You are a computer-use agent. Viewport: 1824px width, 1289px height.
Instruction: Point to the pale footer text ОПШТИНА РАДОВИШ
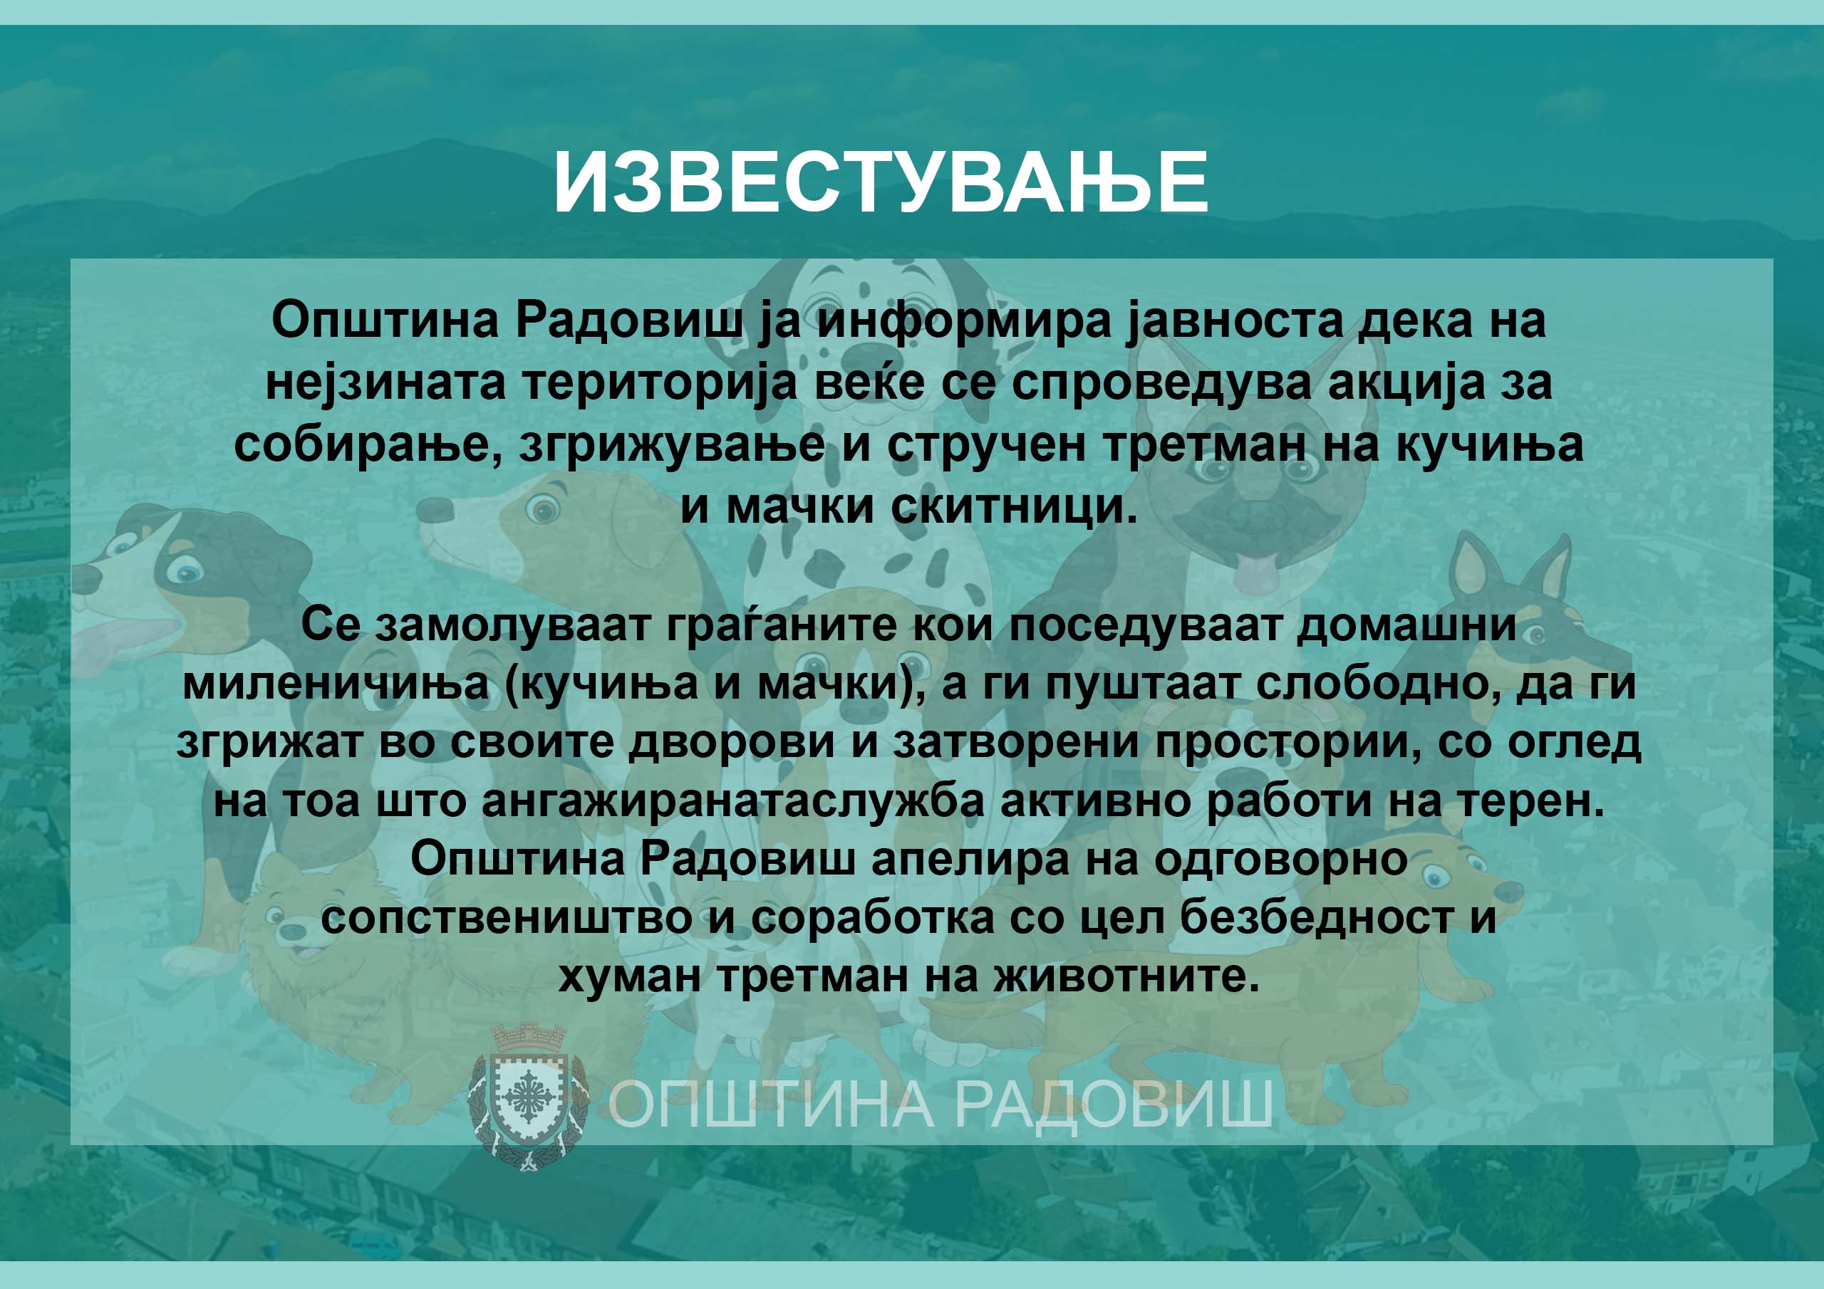pyautogui.click(x=940, y=1103)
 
